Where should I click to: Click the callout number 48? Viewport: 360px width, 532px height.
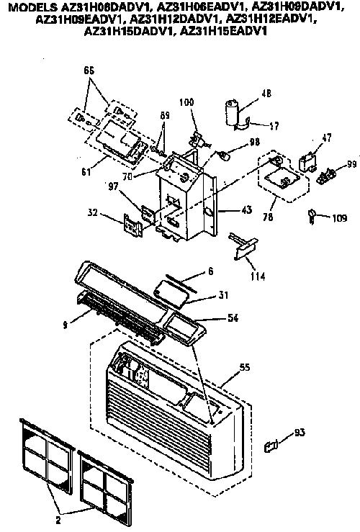(x=266, y=94)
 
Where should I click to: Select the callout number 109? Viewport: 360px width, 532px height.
(x=339, y=218)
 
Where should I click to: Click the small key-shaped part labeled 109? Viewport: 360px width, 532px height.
(x=311, y=216)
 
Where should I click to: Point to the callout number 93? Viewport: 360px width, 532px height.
(x=300, y=432)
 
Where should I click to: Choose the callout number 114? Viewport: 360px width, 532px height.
(x=258, y=276)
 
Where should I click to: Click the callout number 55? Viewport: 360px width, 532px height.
(x=245, y=367)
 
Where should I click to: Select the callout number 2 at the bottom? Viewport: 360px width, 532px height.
(x=58, y=520)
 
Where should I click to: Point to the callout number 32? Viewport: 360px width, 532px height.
(x=92, y=213)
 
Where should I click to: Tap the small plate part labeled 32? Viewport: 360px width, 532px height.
(x=132, y=225)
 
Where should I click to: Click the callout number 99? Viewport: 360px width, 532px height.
(x=352, y=165)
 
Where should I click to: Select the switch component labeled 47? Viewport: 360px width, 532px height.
(x=307, y=163)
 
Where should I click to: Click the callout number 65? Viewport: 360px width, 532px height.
(x=89, y=71)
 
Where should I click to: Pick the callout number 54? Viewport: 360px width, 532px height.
(x=233, y=318)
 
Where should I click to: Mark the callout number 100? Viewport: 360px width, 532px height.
(x=186, y=102)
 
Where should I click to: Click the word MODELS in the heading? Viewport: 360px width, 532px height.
(x=30, y=7)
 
